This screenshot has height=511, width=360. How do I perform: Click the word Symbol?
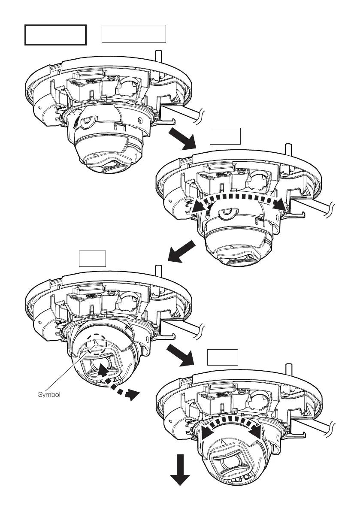49,395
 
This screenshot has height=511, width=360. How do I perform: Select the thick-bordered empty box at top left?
55,35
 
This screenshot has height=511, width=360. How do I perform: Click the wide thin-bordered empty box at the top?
133,34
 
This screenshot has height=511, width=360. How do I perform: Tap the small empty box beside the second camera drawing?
225,136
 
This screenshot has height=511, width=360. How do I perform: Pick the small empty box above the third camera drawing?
93,259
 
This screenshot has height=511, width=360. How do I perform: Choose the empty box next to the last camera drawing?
223,357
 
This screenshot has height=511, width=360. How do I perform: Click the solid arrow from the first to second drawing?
182,139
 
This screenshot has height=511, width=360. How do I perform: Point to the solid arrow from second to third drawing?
182,251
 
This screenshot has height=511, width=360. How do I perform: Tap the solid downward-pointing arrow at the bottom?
180,470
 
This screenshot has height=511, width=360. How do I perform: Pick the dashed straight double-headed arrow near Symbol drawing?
118,382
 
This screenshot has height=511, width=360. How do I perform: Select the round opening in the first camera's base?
128,85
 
